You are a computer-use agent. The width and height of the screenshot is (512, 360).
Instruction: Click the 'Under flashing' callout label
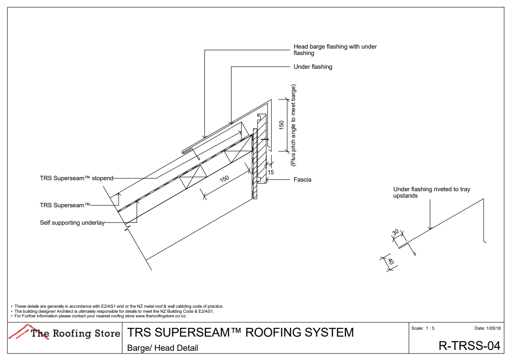coord(313,67)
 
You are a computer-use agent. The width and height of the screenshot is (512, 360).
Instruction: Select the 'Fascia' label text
coord(302,179)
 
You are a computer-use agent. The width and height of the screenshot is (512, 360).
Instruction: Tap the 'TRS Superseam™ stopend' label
coord(76,178)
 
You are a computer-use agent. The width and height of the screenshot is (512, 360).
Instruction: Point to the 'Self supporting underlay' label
coord(72,223)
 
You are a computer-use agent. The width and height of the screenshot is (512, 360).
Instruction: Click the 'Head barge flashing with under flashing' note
coord(335,50)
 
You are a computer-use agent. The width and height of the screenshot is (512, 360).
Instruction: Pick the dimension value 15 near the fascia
coord(271,172)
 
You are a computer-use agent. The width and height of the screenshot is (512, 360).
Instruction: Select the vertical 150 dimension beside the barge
coord(281,125)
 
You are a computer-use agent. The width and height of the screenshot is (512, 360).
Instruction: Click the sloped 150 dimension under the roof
coord(224,179)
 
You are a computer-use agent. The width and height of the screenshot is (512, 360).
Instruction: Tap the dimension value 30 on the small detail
coord(395,233)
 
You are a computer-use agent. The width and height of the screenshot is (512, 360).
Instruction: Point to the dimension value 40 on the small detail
coord(391,261)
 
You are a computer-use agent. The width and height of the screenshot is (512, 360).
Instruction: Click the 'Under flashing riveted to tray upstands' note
coord(431,193)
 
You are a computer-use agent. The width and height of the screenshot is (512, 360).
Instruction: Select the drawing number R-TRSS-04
coord(469,346)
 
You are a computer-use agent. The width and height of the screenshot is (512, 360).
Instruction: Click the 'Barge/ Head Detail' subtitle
coord(162,348)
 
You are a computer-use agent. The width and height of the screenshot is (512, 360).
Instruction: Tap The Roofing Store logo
coord(65,332)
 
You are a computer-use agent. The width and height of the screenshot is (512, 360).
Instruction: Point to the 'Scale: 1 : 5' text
coord(423,328)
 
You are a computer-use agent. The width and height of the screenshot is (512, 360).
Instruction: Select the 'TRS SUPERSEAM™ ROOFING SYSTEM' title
coord(240,332)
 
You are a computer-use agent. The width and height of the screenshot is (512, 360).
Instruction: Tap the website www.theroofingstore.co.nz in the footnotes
coord(161,316)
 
